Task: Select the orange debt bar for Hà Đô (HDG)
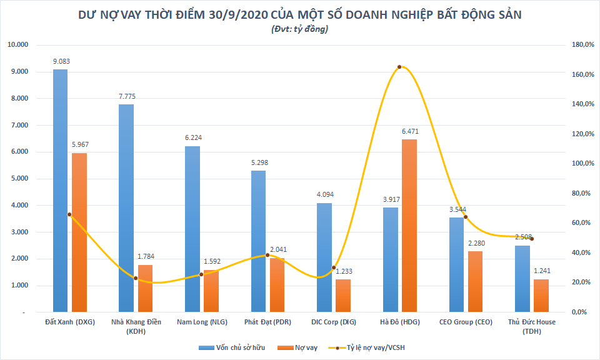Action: pos(409,225)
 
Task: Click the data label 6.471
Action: pos(409,132)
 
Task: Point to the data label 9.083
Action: pos(61,62)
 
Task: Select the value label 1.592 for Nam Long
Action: pos(211,262)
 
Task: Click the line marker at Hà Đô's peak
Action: pos(399,67)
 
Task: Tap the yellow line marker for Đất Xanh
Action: pos(69,214)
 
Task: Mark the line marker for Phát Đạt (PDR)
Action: pos(267,255)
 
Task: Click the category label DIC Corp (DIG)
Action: pos(333,322)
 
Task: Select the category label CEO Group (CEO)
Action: pos(466,322)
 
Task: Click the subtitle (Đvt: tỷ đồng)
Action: pos(300,29)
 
